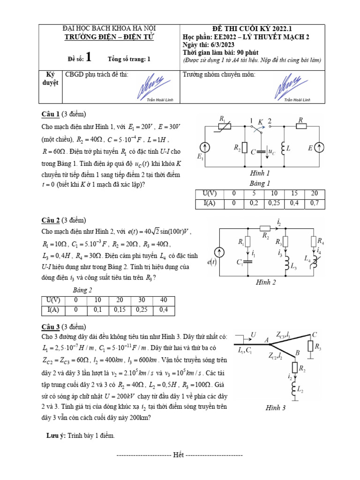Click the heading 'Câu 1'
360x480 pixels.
[x=50, y=114]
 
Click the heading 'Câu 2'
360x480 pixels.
[x=50, y=220]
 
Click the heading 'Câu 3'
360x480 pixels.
[x=50, y=327]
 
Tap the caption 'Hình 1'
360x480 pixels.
[x=260, y=173]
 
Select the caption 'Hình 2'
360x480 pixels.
[x=266, y=282]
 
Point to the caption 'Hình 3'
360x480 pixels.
[x=276, y=408]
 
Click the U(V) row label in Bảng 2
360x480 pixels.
[x=51, y=300]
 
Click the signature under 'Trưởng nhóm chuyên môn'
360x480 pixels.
[x=292, y=85]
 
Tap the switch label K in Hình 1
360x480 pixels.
[x=260, y=122]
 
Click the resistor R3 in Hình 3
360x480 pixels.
[x=310, y=346]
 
